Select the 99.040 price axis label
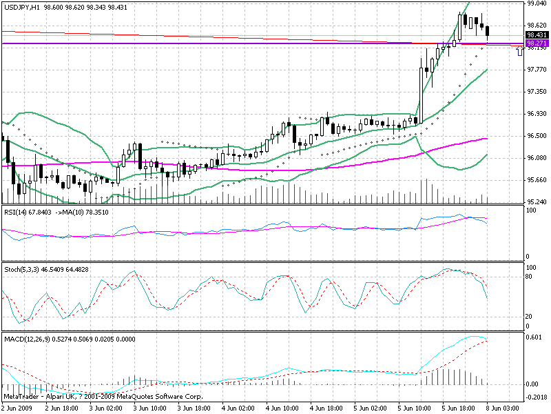[x=537, y=3]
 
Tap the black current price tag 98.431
[x=537, y=34]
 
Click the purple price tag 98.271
[x=537, y=43]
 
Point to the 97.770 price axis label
[x=537, y=70]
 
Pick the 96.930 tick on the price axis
[x=537, y=114]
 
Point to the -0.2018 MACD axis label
[x=537, y=397]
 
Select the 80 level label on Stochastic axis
[x=530, y=276]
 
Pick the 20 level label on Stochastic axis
[x=530, y=316]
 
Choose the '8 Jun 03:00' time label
[x=504, y=408]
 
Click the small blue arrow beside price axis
[x=519, y=50]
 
